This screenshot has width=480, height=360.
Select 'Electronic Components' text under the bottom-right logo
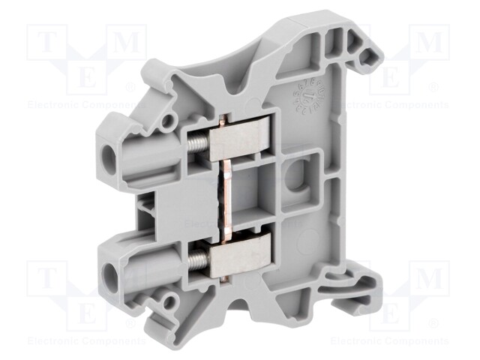(x=390, y=341)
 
